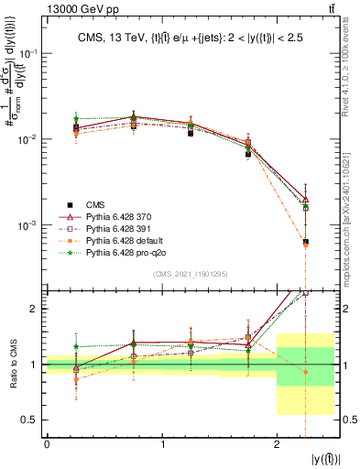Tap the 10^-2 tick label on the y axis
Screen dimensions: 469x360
[x=31, y=139]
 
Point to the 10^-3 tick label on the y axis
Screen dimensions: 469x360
[x=31, y=225]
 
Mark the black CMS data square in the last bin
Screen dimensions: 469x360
[x=305, y=242]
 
